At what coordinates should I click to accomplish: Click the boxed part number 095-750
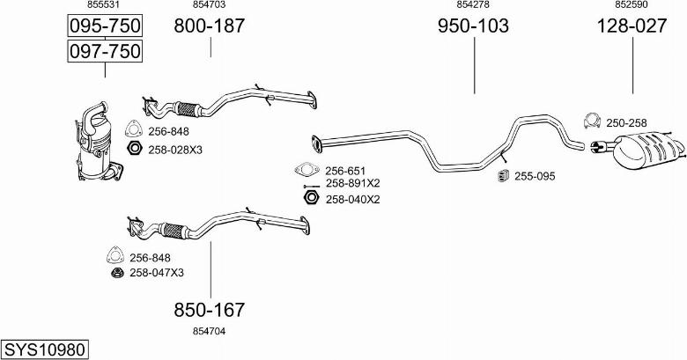105,26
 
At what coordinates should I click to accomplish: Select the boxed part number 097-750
105,52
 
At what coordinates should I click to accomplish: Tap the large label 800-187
209,26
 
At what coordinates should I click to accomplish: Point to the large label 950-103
474,26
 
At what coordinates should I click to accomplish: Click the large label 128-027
632,26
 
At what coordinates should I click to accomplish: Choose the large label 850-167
209,310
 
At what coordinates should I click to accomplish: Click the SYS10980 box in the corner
45,349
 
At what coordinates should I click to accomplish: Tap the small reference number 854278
474,5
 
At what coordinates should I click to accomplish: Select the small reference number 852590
632,5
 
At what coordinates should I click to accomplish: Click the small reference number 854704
209,330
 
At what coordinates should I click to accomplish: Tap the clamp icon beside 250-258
593,121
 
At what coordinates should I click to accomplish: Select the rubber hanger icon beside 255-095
504,176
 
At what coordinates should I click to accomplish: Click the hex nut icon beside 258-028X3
135,148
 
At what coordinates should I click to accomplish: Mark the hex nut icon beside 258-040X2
309,199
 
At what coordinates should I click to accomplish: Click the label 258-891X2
352,183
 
